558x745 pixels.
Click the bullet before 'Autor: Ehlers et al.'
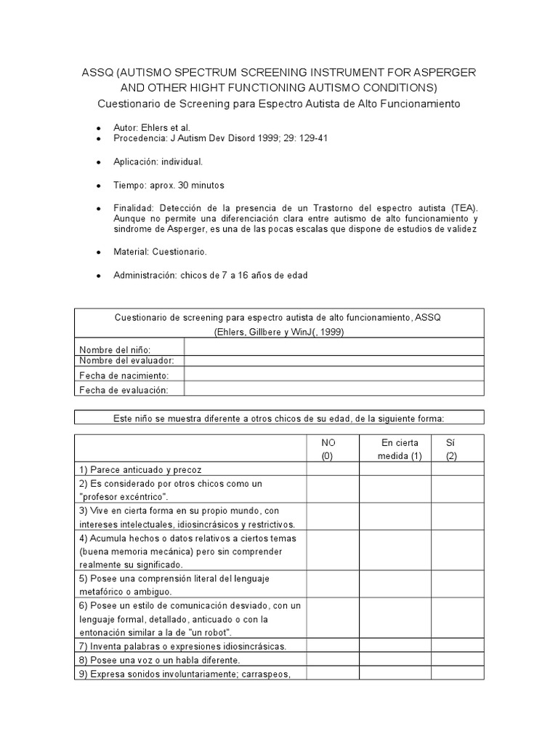point(97,127)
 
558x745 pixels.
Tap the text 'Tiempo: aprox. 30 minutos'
point(169,185)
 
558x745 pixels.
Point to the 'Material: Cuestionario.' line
point(160,252)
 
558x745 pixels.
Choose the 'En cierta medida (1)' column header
point(395,449)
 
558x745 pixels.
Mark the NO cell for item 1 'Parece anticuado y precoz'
point(332,469)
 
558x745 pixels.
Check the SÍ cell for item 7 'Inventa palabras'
point(458,645)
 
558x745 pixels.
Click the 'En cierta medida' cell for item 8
point(395,660)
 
